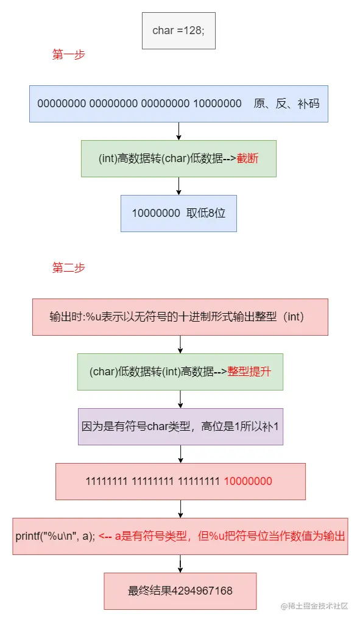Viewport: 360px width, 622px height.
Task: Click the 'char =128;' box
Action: point(178,30)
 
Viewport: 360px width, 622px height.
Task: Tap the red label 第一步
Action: point(69,55)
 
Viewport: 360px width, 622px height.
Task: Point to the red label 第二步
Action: point(69,267)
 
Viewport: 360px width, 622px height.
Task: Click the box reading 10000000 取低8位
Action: point(178,213)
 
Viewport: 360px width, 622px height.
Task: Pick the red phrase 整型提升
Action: point(249,372)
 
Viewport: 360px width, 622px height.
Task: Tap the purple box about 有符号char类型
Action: point(180,426)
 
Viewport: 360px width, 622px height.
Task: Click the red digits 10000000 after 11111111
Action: point(248,481)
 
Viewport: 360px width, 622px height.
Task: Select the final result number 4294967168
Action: point(202,591)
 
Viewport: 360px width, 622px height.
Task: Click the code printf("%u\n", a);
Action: point(55,537)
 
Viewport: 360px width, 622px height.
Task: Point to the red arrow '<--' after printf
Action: point(105,537)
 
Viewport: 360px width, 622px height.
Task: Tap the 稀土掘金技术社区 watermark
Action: point(314,606)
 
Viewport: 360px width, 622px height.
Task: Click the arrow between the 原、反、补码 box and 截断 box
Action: point(178,131)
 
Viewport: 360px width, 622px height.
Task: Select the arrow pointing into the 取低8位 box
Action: point(178,186)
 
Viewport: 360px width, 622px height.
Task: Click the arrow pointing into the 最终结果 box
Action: point(180,564)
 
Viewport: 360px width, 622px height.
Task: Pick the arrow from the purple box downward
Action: point(180,454)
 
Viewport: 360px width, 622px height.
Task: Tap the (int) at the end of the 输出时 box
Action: point(295,317)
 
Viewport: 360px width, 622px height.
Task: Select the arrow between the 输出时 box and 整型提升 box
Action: point(180,344)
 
